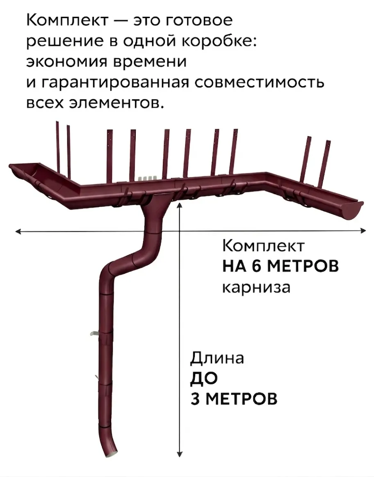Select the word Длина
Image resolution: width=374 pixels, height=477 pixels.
(217, 358)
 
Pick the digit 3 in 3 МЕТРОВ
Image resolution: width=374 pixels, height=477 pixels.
(196, 399)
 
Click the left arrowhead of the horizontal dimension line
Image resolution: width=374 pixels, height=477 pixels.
(17, 232)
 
